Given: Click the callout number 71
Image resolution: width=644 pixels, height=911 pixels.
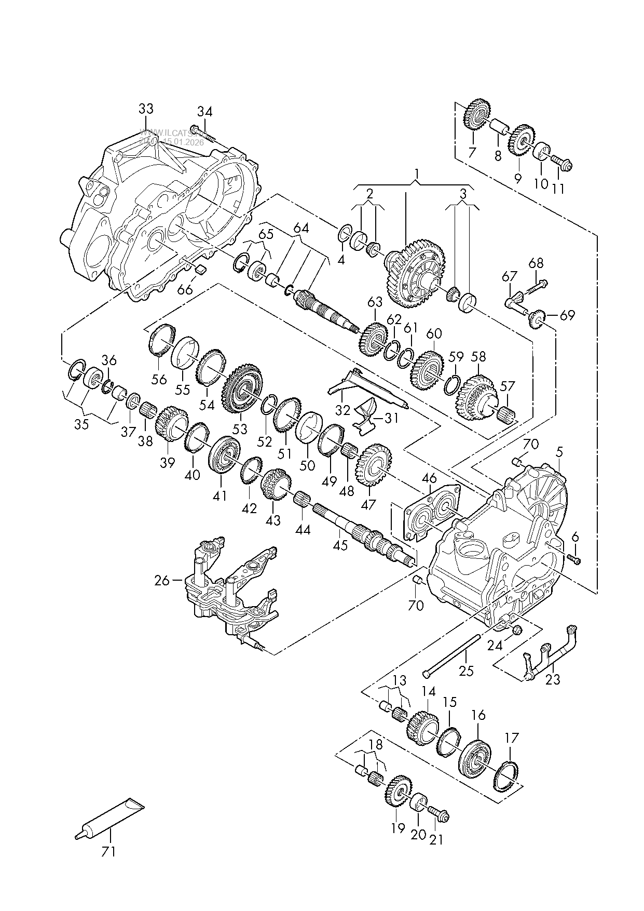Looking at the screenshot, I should click(108, 852).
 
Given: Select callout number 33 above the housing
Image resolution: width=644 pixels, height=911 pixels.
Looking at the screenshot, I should click(146, 109).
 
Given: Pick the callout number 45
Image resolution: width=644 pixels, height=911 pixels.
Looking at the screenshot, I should click(340, 546).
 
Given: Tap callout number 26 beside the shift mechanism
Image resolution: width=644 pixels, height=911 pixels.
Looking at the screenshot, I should click(162, 580).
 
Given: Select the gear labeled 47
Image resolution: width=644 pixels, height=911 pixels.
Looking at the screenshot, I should click(374, 465).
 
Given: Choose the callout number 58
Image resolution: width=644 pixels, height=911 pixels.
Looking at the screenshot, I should click(478, 357).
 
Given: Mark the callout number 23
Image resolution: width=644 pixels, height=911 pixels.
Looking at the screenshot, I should click(553, 679).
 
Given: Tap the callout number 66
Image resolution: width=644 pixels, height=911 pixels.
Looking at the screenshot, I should click(185, 289).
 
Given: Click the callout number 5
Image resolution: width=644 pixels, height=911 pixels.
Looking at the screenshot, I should click(559, 452).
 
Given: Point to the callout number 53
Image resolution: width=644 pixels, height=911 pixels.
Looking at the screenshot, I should click(240, 430).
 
